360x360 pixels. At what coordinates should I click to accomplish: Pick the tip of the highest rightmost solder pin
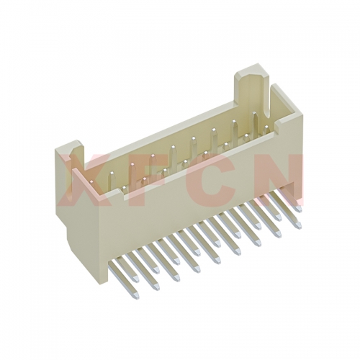coord(299,208)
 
